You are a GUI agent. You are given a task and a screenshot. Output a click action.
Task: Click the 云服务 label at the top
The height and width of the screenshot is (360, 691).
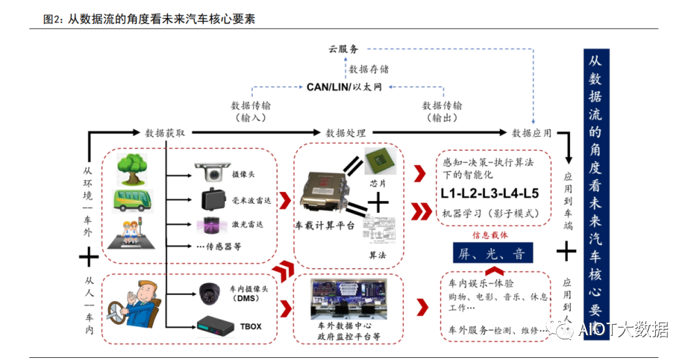(343, 49)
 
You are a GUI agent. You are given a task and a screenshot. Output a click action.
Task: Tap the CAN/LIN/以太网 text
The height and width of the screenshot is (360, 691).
(344, 87)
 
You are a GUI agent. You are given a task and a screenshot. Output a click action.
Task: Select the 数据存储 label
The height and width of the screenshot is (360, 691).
(369, 69)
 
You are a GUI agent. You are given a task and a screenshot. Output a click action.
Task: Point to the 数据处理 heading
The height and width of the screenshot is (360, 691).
(345, 133)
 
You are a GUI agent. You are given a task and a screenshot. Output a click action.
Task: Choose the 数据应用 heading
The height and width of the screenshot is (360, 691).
(531, 133)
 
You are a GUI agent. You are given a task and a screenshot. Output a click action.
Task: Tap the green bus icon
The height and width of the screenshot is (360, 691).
(132, 200)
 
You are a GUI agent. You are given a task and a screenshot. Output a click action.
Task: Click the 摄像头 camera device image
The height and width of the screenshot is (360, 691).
(209, 171)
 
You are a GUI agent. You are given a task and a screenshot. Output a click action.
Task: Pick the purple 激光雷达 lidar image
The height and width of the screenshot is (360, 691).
(209, 225)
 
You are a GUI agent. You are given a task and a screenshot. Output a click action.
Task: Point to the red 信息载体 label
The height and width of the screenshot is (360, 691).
(491, 235)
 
